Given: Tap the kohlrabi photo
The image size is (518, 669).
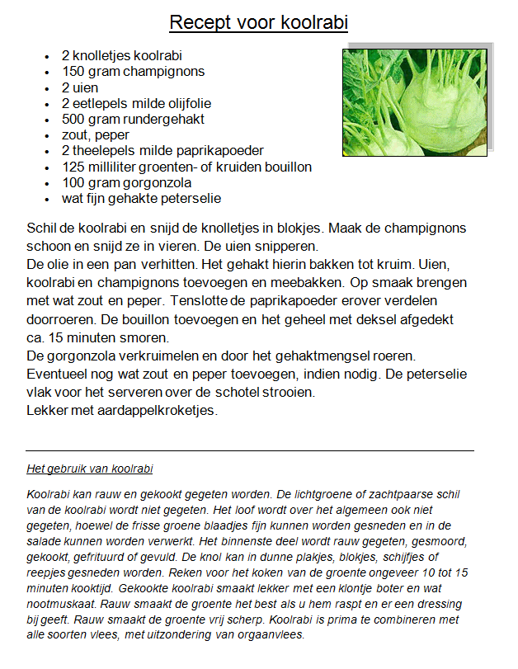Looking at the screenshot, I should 415,101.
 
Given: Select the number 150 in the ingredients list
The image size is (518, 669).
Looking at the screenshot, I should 73,72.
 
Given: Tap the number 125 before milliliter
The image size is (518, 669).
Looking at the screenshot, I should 73,167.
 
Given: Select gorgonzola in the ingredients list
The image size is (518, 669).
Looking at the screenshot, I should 157,182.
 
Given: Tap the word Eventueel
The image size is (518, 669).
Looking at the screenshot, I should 59,374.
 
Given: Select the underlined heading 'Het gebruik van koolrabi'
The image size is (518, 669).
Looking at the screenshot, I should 90,469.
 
